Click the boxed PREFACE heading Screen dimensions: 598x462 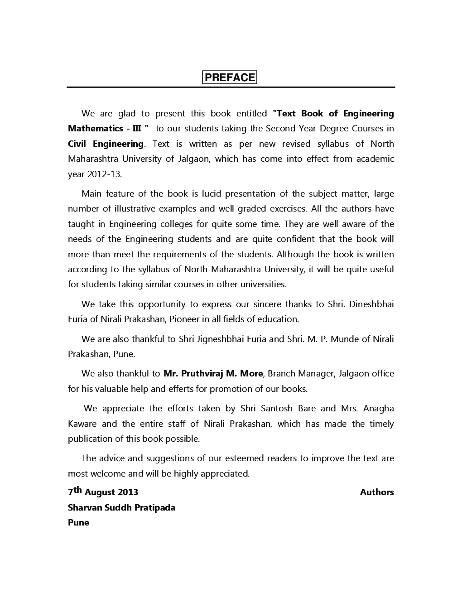(230, 77)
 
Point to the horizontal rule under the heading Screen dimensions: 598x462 (231, 87)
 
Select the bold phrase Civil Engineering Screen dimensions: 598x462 (106, 144)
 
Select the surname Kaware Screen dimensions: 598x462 (82, 424)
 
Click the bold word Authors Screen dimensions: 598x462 (377, 492)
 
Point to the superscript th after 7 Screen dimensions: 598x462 (77, 490)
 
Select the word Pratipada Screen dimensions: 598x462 (154, 507)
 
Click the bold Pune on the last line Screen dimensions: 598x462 (78, 523)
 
